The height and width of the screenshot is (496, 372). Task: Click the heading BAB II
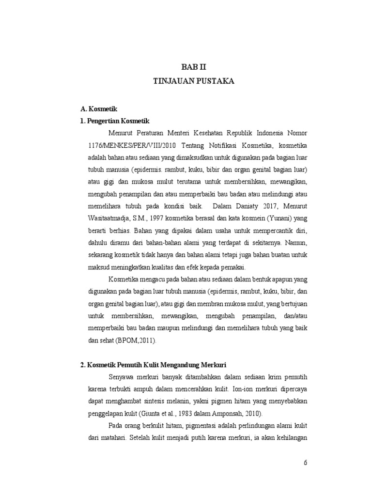(x=193, y=67)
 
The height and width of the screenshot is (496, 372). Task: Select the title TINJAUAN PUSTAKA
(x=193, y=81)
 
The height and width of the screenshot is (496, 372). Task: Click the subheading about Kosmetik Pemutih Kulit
(x=154, y=365)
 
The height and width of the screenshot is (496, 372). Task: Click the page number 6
(x=306, y=462)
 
